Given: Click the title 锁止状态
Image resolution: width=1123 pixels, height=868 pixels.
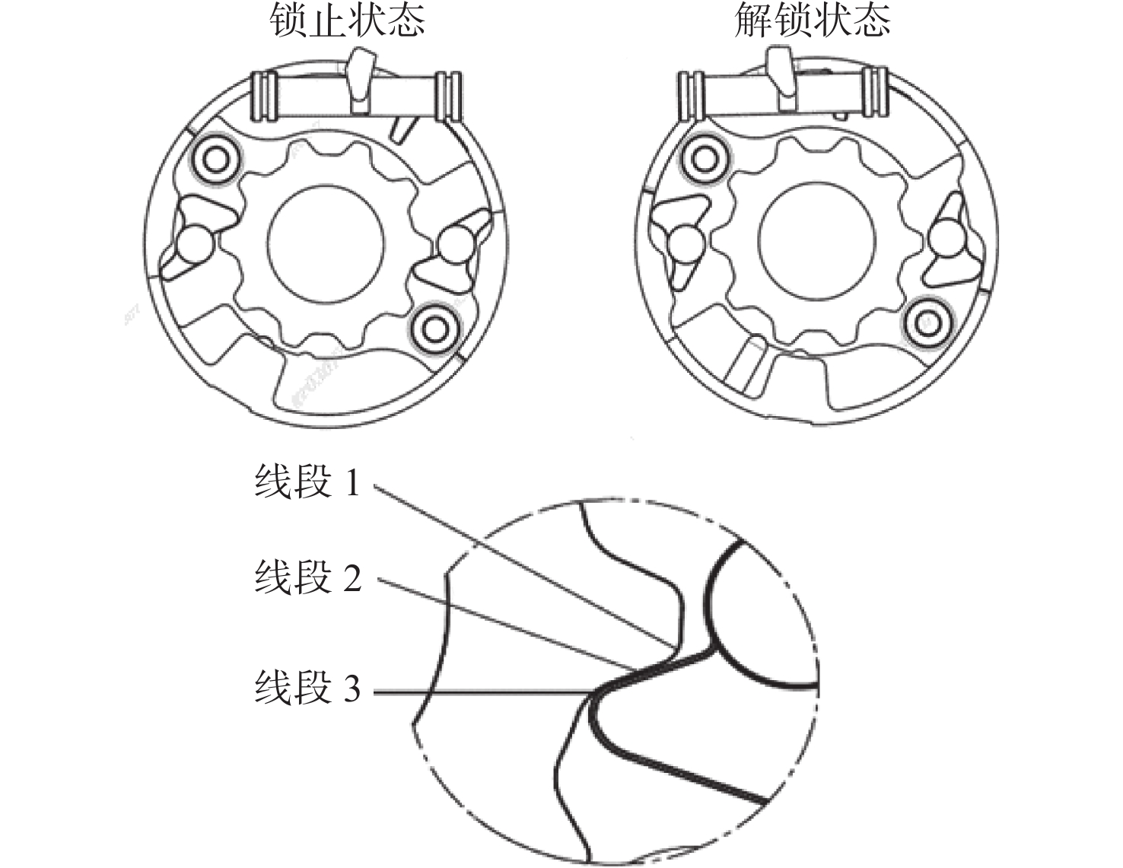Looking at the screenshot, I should pyautogui.click(x=347, y=21).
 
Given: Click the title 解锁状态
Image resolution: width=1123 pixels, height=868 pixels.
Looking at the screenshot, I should pyautogui.click(x=812, y=21).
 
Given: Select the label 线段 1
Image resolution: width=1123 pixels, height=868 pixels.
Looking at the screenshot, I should pyautogui.click(x=307, y=483).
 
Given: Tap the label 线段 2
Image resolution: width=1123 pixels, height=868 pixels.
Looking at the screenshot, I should pyautogui.click(x=307, y=578).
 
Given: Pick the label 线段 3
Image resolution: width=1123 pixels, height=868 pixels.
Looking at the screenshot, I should pyautogui.click(x=307, y=688).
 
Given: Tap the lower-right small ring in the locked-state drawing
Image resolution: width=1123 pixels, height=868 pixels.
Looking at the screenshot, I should pyautogui.click(x=434, y=329).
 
